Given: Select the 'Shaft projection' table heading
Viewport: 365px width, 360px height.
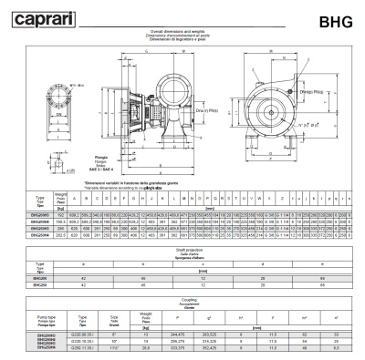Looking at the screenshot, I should click(x=182, y=247).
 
